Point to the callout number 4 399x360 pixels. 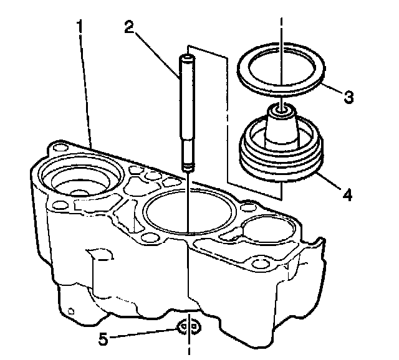[347, 194]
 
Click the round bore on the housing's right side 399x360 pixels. [267, 230]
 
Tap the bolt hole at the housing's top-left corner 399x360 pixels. [59, 148]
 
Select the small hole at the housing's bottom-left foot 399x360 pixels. [70, 309]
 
